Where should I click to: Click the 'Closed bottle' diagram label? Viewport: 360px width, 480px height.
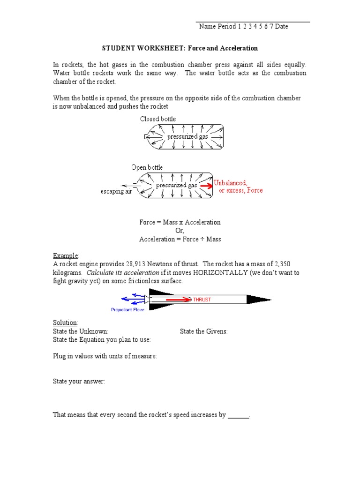158,119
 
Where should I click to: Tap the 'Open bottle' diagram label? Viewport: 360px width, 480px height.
147,167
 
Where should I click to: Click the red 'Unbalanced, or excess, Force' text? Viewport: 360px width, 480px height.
238,187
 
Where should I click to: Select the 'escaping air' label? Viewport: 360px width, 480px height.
116,191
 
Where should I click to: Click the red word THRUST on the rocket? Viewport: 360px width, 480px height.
202,300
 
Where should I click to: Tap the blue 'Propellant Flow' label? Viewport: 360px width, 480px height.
128,309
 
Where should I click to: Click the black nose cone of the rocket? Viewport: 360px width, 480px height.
258,299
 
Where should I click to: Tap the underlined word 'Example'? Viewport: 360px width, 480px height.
66,255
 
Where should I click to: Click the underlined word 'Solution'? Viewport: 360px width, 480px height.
65,323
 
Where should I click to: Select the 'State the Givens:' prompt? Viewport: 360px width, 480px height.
203,331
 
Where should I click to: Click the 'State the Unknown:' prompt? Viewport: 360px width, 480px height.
80,331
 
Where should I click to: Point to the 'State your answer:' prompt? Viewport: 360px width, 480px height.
79,382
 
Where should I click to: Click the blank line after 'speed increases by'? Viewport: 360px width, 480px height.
239,415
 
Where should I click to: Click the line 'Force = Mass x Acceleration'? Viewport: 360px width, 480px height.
180,222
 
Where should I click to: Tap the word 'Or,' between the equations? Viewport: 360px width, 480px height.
180,231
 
